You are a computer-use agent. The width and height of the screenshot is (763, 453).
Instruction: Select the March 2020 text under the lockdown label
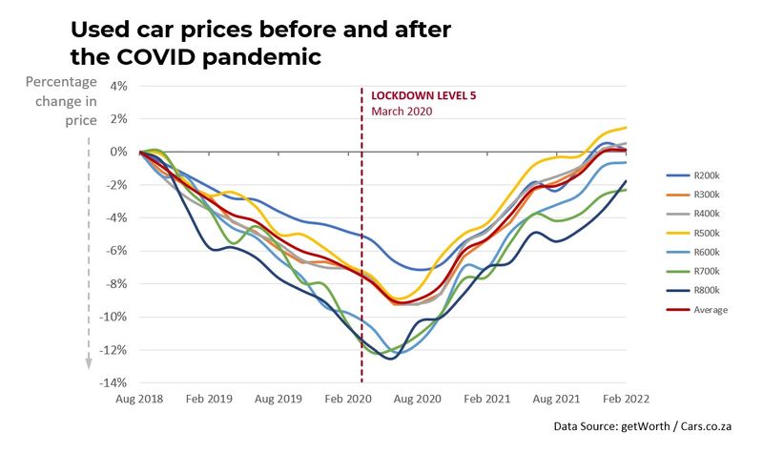tap(402, 112)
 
